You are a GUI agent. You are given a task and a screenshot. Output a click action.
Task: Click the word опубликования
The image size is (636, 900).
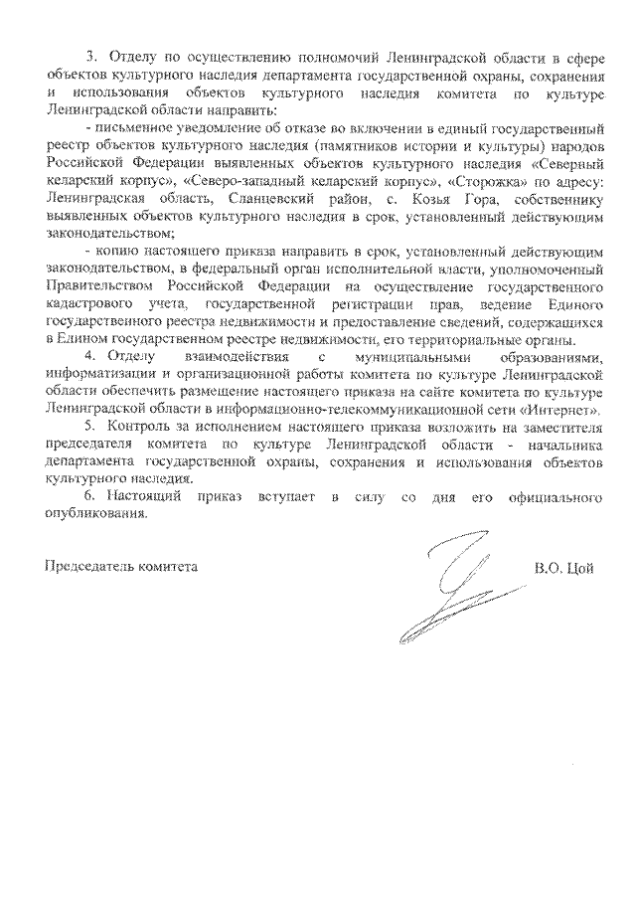[95, 514]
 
